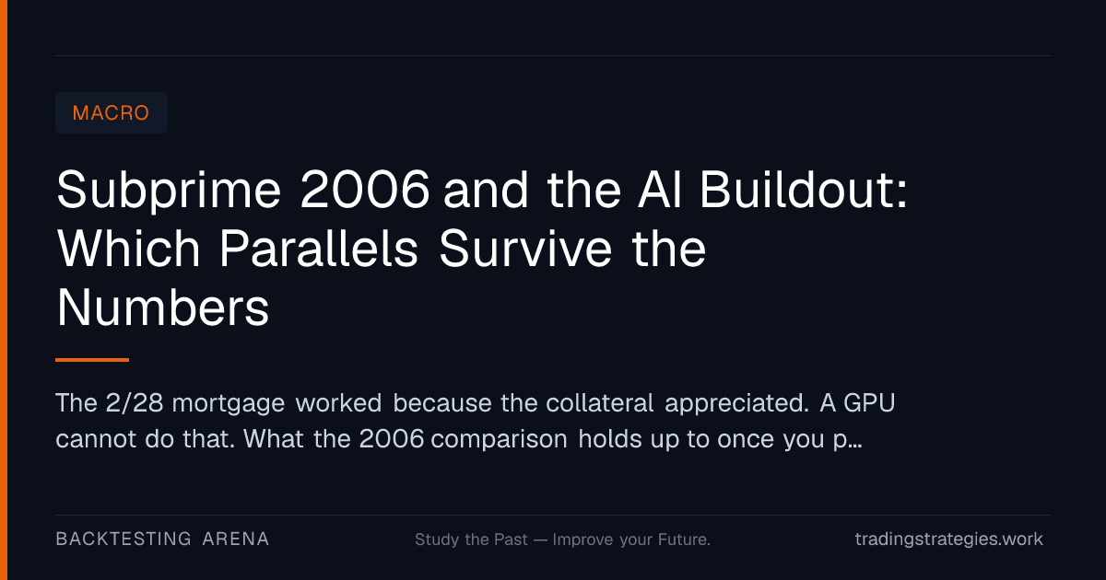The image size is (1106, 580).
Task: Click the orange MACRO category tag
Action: tap(112, 113)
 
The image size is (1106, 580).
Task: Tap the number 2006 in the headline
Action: tap(365, 190)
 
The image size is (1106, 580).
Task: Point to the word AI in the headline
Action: tap(660, 190)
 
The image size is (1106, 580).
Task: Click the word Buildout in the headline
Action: tap(804, 190)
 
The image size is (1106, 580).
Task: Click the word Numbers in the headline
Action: tap(163, 307)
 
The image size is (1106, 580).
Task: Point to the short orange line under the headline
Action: tap(92, 360)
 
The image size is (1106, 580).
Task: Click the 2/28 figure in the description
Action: tap(135, 402)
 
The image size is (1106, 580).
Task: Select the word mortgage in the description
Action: tap(229, 404)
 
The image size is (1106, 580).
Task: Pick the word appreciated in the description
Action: tap(736, 404)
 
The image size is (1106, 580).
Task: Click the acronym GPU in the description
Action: tap(869, 402)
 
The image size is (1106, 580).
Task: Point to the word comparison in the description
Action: tap(499, 440)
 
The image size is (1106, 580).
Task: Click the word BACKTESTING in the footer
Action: tap(124, 539)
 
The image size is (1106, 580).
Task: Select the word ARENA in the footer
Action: tap(236, 539)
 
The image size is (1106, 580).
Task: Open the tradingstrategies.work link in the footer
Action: tap(949, 539)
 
